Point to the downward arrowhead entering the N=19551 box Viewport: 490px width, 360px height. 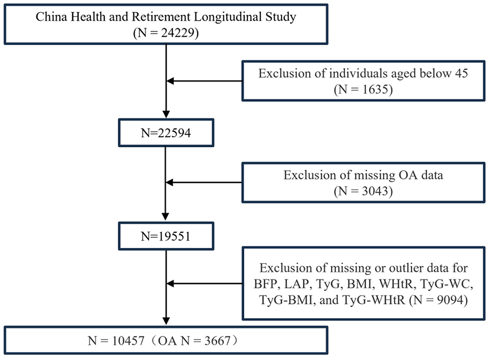tap(166, 217)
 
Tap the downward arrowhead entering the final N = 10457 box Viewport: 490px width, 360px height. tap(166, 321)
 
